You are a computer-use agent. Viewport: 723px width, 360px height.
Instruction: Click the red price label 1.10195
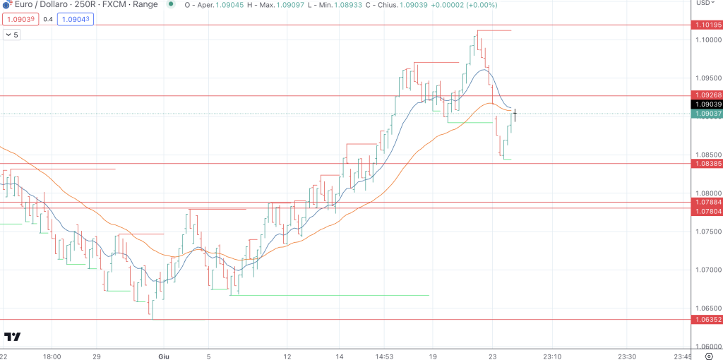(708, 25)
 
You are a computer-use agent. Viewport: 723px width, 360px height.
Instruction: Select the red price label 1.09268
(708, 95)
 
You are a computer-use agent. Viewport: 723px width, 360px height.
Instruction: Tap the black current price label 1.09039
(708, 104)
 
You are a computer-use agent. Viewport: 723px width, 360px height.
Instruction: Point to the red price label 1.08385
(708, 164)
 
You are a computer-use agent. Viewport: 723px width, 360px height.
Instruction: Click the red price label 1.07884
(708, 203)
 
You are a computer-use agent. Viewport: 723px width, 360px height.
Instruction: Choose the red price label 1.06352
(708, 319)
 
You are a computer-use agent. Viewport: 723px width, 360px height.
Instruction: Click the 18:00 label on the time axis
(52, 356)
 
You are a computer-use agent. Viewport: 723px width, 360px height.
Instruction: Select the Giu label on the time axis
(164, 356)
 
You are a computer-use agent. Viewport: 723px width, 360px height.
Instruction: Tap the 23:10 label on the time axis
(552, 356)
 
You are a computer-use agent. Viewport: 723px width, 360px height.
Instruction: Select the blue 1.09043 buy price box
(76, 19)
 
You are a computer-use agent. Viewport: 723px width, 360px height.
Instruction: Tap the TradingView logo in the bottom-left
(12, 337)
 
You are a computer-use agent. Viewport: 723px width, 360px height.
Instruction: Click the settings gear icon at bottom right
(708, 356)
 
